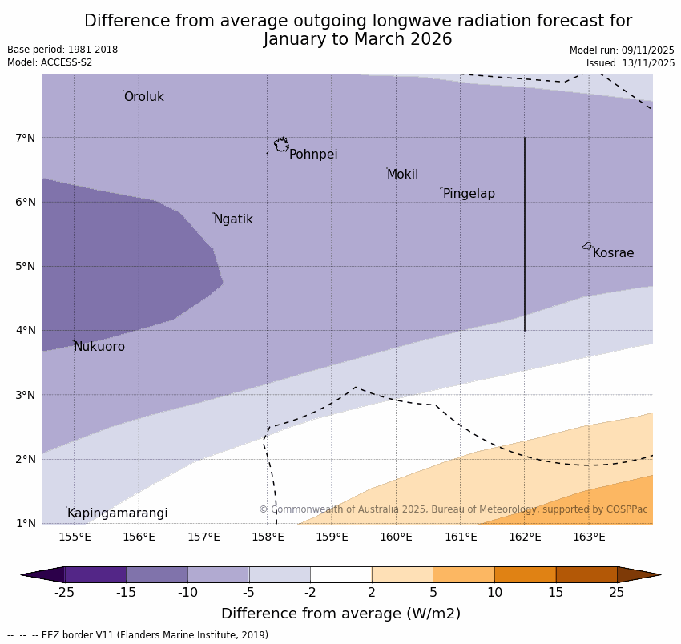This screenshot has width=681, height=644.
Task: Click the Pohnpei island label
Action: pos(313,155)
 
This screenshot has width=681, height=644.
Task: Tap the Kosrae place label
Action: pos(613,253)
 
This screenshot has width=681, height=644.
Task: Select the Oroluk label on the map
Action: pos(143,97)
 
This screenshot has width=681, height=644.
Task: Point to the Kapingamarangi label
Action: pos(117,513)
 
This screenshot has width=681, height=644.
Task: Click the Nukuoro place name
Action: pos(99,347)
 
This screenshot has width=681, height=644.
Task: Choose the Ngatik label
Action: pos(233,219)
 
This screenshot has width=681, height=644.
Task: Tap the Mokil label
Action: pos(402,175)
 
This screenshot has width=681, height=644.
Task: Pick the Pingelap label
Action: pos(469,194)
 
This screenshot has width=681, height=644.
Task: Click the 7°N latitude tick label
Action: pos(26,138)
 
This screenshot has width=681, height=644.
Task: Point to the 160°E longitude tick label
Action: pos(396,537)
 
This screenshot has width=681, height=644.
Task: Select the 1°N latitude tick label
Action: pos(26,523)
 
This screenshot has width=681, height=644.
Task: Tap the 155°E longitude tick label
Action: pos(75,537)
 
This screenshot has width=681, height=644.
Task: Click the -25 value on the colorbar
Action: pos(64,593)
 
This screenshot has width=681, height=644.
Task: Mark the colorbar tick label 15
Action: pos(556,593)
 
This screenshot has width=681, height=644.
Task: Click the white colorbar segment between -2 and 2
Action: pos(340,574)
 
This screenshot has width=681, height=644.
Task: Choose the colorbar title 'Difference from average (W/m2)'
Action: pos(340,614)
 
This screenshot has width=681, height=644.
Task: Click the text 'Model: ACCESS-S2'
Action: pos(50,62)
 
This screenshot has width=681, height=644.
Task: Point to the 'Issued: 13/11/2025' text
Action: pos(630,63)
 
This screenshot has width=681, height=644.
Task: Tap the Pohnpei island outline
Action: pos(281,144)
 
